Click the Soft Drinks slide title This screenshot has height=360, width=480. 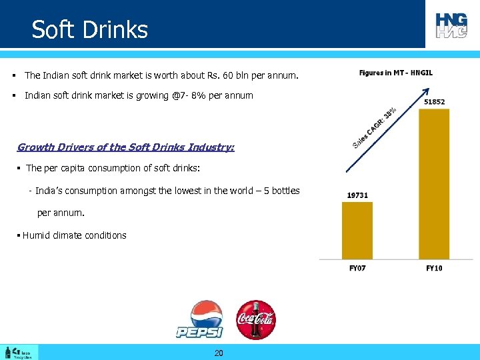tap(90, 30)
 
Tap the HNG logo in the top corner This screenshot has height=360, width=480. tap(451, 25)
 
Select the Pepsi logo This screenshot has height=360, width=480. tap(199, 319)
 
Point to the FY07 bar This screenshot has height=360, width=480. tap(357, 230)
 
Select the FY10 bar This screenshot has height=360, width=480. tap(434, 183)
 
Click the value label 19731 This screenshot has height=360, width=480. tap(357, 195)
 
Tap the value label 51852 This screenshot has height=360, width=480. tap(434, 102)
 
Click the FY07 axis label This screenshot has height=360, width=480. tap(357, 268)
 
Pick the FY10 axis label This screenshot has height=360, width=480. tap(434, 268)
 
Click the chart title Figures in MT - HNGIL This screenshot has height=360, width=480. tap(395, 73)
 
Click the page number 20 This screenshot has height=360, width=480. tap(219, 353)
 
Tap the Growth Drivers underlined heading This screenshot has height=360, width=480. tap(126, 147)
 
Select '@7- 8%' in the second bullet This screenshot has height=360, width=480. tap(189, 95)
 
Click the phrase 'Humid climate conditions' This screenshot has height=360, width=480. tap(75, 235)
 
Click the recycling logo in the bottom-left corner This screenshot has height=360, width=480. tap(19, 352)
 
